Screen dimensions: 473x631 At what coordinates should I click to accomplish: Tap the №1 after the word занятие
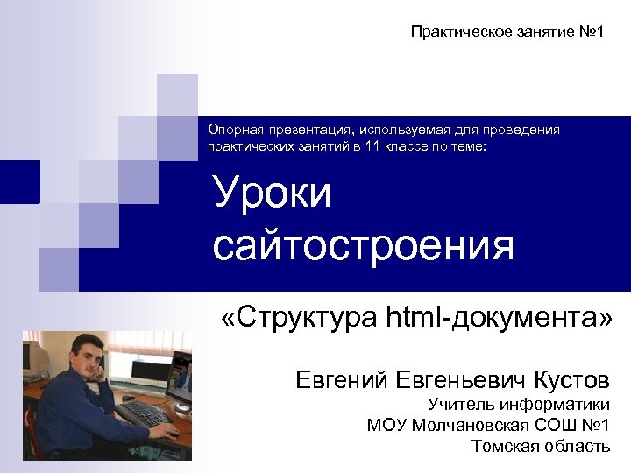590,32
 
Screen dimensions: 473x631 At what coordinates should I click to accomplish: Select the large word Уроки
273,194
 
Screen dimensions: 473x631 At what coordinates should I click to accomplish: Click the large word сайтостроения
363,245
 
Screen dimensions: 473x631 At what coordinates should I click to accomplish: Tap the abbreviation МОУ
386,426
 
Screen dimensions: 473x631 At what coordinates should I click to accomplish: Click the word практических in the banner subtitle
246,147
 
